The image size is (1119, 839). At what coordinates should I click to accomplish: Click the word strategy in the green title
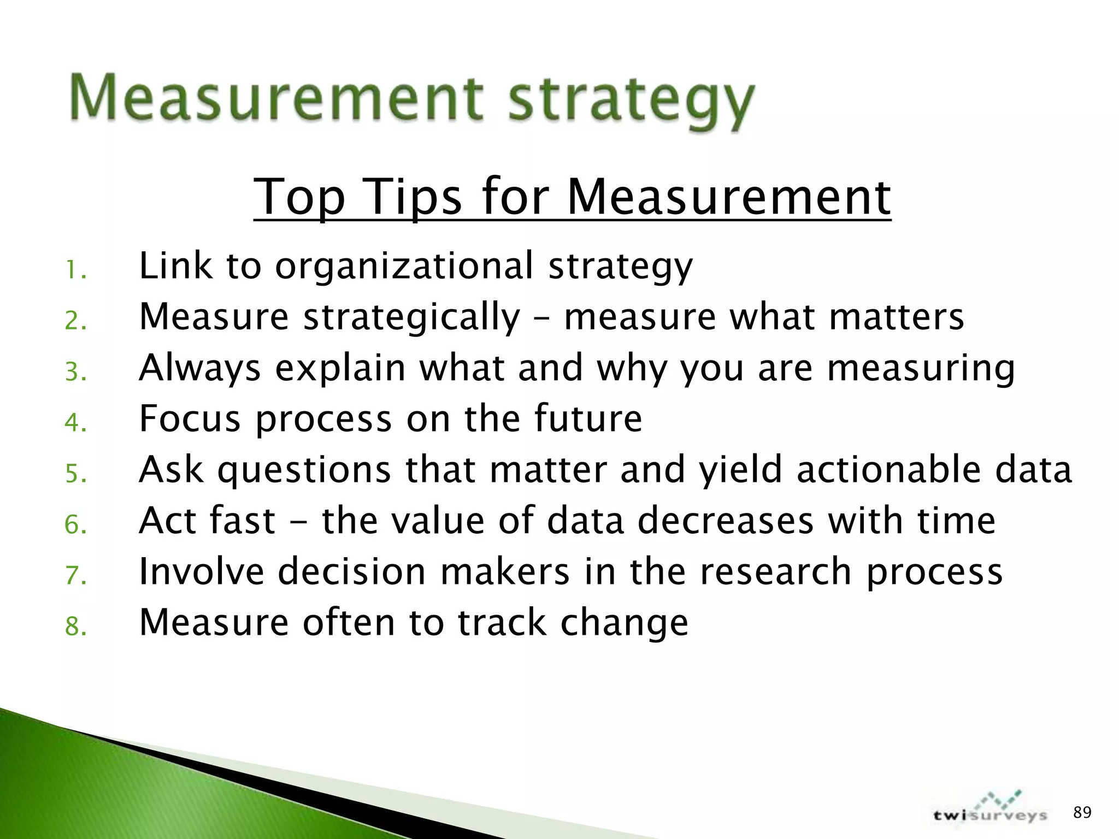pos(632,101)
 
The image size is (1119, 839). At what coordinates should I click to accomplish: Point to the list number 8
pos(75,627)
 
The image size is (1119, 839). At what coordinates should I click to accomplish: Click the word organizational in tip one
pos(404,266)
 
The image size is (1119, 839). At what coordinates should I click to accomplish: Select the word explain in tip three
pos(340,368)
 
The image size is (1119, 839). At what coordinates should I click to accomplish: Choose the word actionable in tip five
pos(888,470)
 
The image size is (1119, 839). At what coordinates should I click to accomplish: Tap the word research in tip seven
pos(775,571)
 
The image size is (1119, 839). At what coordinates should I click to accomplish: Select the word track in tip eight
pos(502,622)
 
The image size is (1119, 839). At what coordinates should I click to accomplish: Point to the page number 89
pos(1082,813)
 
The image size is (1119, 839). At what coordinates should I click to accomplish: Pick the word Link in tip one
pos(175,266)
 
